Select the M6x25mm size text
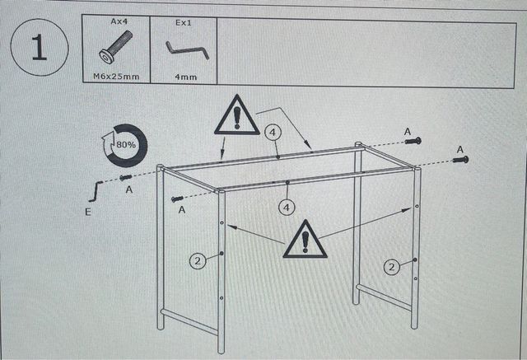tap(117, 77)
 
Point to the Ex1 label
tap(184, 23)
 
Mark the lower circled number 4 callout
tap(287, 207)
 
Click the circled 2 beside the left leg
tap(198, 262)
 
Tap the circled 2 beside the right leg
tap(393, 267)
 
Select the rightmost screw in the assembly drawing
tap(460, 158)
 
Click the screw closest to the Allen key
tap(126, 177)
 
